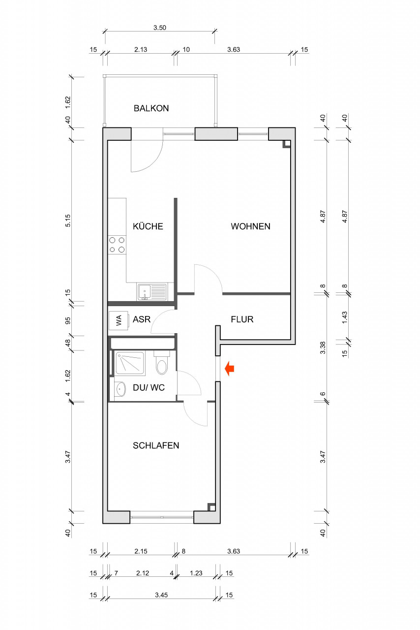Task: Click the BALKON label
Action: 151,108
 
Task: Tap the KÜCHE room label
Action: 148,226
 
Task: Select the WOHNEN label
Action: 250,226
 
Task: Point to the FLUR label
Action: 242,319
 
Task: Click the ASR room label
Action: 142,319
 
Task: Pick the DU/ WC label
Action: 149,387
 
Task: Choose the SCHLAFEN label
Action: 156,445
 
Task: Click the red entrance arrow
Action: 230,369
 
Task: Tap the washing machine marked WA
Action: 119,320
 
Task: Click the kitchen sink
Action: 151,291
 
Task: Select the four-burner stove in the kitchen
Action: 117,245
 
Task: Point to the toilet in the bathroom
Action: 162,363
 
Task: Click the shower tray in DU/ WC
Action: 130,363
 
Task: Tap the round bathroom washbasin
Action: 120,389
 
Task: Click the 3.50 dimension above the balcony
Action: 160,28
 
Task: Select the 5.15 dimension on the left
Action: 68,220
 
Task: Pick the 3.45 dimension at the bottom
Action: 161,595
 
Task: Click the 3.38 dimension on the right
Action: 323,347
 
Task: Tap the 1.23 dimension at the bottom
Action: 196,573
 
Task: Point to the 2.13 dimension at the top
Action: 141,50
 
